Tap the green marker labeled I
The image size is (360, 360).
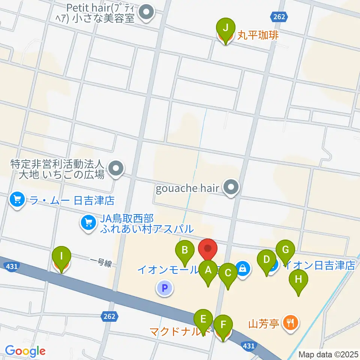62,257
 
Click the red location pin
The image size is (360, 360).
207,249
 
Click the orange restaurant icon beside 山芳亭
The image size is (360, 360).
289,321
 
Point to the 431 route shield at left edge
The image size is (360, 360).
11,266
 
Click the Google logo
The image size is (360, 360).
25,351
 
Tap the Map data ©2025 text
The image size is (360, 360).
328,354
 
